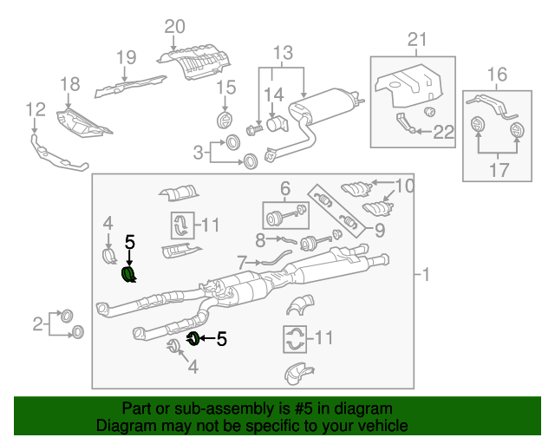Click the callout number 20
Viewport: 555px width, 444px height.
coord(174,27)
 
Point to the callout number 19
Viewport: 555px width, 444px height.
coord(127,58)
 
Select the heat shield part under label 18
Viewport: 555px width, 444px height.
coord(82,122)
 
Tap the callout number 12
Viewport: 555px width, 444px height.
coord(35,109)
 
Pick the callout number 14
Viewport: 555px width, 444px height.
coord(274,94)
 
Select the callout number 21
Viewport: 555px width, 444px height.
coord(418,39)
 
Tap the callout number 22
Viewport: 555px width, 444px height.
coord(444,132)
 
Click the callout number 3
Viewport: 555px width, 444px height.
coord(199,153)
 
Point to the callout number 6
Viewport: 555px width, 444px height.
coord(284,188)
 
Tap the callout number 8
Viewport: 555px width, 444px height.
coord(259,238)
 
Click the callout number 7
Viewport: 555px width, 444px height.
coord(242,260)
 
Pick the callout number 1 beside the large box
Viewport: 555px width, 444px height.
coord(424,275)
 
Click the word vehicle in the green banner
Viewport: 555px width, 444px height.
coord(382,426)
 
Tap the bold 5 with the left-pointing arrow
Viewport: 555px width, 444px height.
coord(222,339)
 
